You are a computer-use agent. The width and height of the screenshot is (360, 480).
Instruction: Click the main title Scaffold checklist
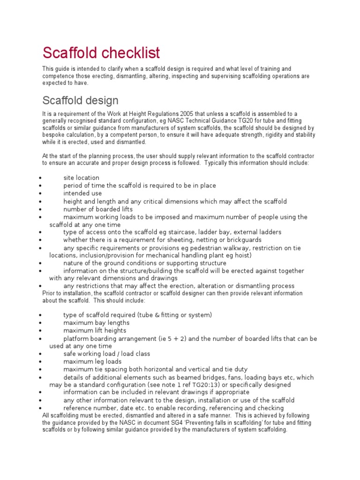[x=101, y=52]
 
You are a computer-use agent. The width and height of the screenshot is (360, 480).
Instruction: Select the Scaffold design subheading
[x=80, y=100]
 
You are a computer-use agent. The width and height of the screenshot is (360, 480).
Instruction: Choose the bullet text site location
[x=81, y=178]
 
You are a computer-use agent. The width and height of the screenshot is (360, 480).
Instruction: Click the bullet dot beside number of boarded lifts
[x=42, y=210]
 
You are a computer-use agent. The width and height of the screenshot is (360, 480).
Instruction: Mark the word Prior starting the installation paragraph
[x=49, y=293]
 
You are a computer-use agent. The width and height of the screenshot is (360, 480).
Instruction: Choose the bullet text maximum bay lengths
[x=96, y=322]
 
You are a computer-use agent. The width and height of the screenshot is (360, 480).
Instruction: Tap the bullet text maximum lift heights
[x=95, y=330]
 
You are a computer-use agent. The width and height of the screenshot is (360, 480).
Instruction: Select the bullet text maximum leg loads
[x=92, y=361]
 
